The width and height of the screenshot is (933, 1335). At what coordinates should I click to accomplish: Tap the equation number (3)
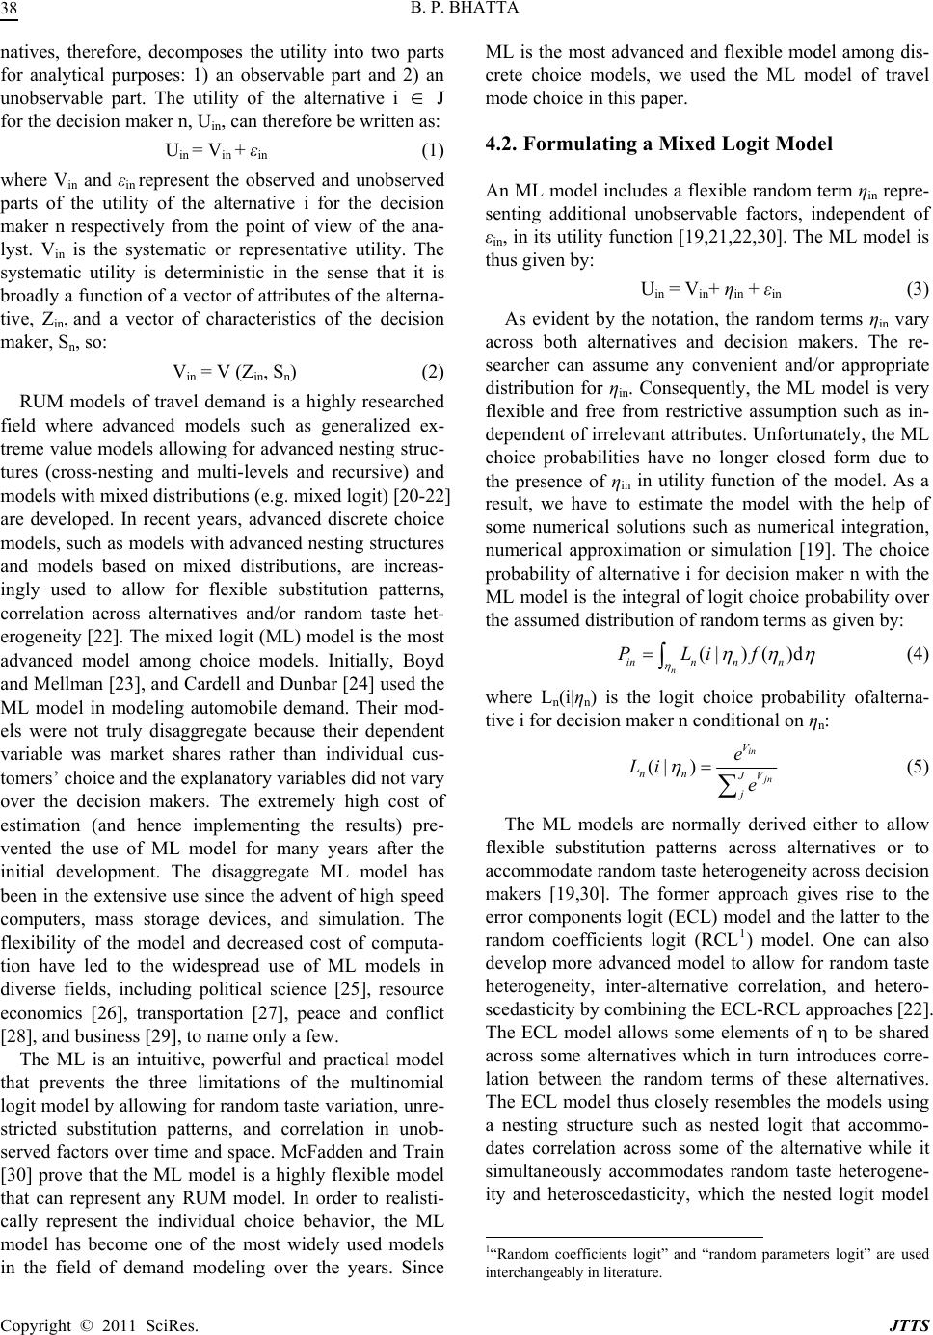click(919, 287)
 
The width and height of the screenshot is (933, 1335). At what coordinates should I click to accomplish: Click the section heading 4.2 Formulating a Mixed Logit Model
click(658, 144)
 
